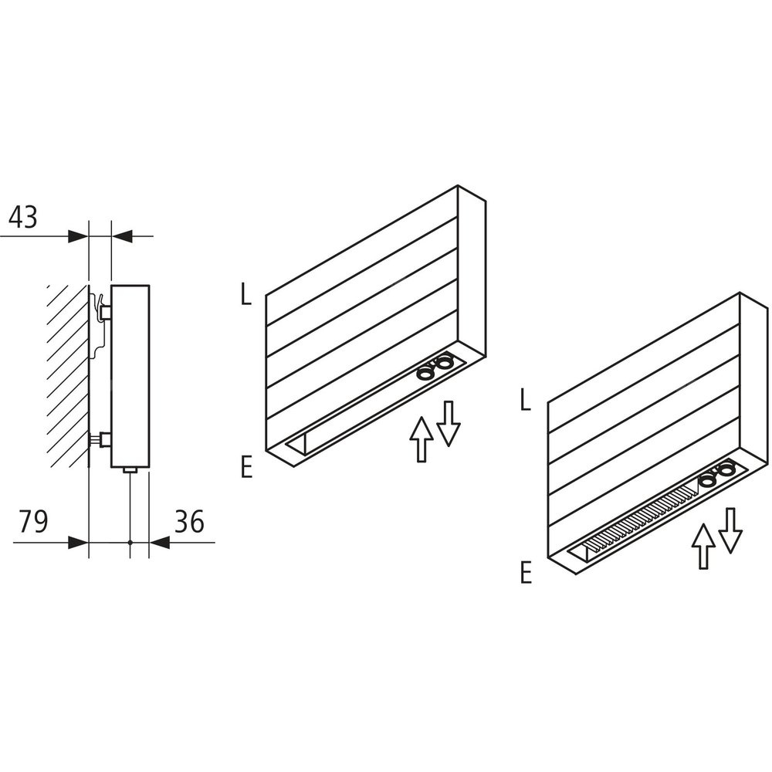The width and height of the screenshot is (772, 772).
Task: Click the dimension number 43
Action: (x=23, y=217)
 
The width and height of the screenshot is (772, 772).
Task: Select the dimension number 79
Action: (x=33, y=522)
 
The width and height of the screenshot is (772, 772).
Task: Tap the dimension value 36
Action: (x=190, y=522)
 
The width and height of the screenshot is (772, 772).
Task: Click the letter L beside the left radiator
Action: (x=246, y=295)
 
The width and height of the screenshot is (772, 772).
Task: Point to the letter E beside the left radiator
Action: (x=247, y=467)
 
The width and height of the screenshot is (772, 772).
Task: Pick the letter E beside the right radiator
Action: (x=527, y=573)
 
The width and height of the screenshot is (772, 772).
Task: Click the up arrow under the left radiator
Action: (x=422, y=439)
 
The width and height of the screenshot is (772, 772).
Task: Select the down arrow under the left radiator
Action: (x=448, y=424)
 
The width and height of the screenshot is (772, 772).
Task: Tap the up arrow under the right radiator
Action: (x=703, y=547)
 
